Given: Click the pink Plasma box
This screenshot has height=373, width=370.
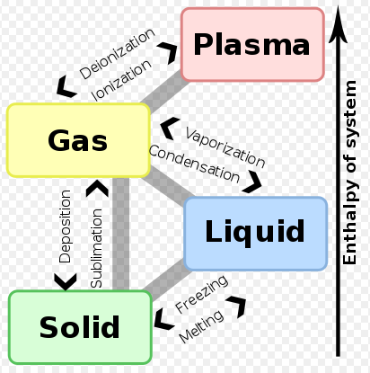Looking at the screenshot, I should (252, 44).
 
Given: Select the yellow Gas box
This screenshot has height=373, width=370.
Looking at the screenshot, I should (78, 140).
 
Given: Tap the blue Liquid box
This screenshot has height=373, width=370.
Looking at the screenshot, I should (255, 233).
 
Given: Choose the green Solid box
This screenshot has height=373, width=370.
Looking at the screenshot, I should (79, 327).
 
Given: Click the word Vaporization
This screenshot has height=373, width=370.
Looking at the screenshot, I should (225, 147).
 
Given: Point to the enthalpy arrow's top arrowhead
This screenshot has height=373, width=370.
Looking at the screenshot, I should (338, 22).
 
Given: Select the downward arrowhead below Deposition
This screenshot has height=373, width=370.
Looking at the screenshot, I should (66, 280).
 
